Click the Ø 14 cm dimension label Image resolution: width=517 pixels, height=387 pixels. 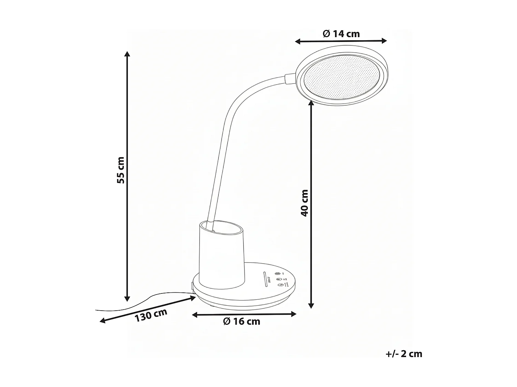click(341, 34)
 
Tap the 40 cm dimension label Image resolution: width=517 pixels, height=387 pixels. click(304, 203)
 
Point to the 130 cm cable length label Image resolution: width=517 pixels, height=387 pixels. click(151, 315)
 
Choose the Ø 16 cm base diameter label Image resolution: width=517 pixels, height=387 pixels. click(241, 322)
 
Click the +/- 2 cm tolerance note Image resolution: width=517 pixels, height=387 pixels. click(404, 354)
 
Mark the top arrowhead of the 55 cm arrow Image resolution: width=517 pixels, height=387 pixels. click(127, 54)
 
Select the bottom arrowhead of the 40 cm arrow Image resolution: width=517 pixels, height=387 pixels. click(311, 305)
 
